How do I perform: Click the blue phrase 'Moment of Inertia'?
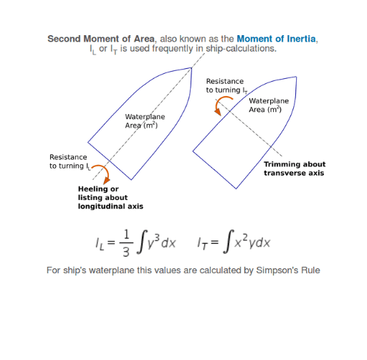(276, 39)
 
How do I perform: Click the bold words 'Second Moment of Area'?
(101, 39)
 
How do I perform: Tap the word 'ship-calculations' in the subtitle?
(240, 49)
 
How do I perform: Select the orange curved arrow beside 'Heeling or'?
(103, 173)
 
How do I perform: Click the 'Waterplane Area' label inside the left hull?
(145, 121)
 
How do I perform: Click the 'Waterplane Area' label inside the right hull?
(269, 105)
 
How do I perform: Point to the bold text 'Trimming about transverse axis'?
(295, 169)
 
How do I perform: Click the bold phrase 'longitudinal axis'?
(110, 207)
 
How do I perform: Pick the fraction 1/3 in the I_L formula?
(126, 242)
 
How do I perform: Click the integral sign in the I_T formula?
(228, 242)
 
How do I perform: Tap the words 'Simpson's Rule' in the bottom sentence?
(288, 270)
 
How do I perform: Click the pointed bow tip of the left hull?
(191, 68)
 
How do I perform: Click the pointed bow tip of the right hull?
(296, 77)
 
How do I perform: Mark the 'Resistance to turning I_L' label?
(70, 162)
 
